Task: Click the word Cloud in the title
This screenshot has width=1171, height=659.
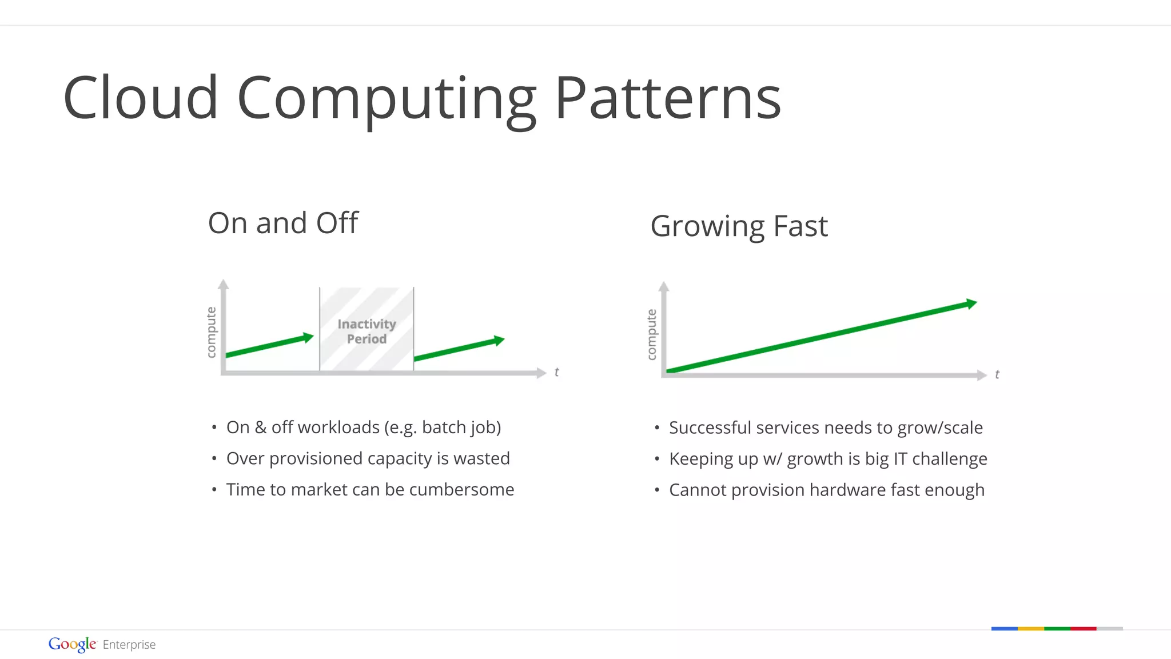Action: tap(140, 98)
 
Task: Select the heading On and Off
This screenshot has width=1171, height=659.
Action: tap(283, 223)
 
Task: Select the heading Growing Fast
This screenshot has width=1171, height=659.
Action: tap(739, 226)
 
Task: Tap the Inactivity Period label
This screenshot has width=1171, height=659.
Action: tap(367, 332)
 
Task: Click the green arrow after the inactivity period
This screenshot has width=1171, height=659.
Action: tap(459, 349)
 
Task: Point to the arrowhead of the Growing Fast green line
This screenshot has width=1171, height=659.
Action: tap(971, 303)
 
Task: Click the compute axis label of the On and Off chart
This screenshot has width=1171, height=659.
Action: tap(211, 332)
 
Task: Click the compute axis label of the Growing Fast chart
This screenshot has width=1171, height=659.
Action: tap(651, 334)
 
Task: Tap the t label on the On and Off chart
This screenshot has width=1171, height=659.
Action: tap(556, 372)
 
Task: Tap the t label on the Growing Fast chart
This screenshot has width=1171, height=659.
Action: tap(997, 374)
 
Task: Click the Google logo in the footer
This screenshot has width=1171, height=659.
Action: tap(72, 644)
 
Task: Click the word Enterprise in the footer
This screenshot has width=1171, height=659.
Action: tap(129, 645)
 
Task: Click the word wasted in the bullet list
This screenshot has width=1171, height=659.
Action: tap(481, 458)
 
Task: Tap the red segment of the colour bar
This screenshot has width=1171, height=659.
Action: tap(1083, 629)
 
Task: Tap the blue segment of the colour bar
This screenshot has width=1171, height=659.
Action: tap(1004, 629)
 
